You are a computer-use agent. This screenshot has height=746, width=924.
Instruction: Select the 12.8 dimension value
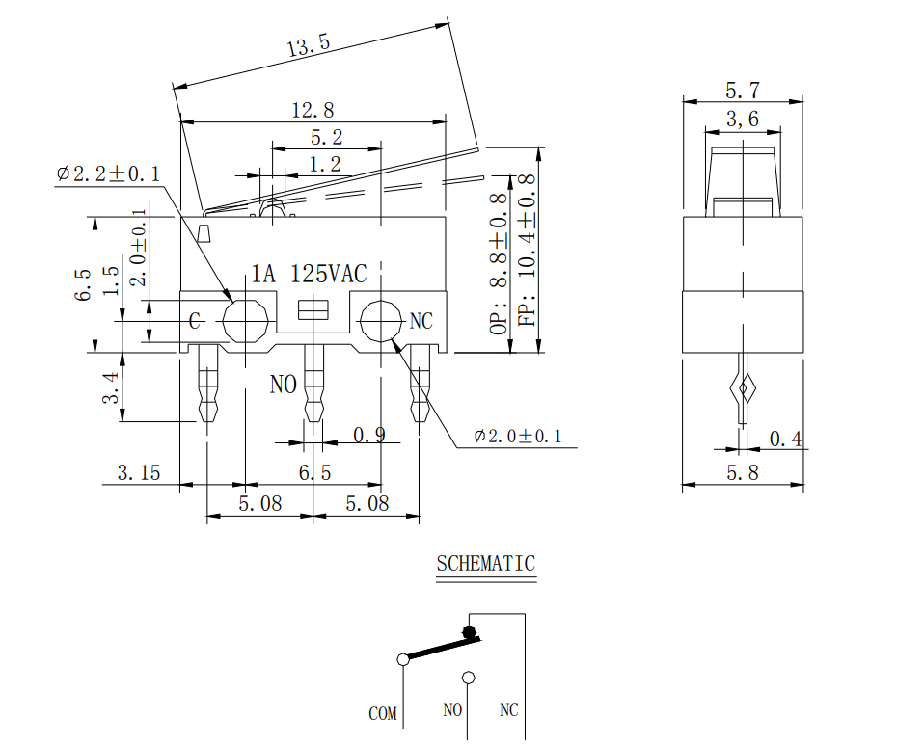click(313, 110)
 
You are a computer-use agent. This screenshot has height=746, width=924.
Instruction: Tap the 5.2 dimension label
click(325, 138)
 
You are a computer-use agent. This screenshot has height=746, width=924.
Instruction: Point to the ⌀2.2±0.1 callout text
click(108, 173)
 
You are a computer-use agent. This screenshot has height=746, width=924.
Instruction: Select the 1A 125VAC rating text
click(309, 274)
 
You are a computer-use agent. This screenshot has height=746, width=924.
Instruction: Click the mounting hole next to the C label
click(245, 321)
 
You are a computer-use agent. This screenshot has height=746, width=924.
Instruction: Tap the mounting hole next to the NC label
click(381, 321)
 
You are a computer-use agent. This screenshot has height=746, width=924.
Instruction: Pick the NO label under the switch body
click(283, 385)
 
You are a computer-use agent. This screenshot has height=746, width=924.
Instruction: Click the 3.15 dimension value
click(138, 472)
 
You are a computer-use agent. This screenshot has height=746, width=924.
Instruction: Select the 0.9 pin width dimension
click(368, 435)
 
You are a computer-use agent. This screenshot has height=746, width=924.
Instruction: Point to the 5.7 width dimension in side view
click(742, 91)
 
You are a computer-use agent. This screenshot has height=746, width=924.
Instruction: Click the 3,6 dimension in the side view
click(742, 120)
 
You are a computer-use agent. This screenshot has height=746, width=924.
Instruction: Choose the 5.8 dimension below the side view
click(742, 472)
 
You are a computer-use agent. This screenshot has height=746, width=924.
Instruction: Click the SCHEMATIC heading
click(485, 564)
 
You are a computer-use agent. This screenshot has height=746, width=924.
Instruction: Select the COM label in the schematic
click(382, 714)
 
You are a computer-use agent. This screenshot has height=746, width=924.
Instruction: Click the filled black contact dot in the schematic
click(470, 633)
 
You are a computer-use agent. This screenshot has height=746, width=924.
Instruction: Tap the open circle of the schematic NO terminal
click(469, 678)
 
